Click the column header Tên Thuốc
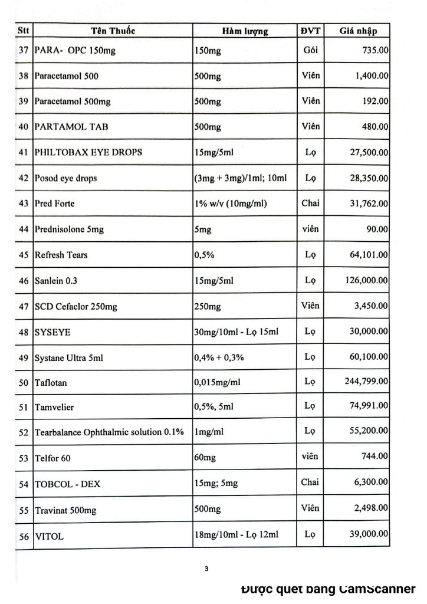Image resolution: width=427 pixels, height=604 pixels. click(x=113, y=31)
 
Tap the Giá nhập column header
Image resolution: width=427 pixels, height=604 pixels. click(x=357, y=31)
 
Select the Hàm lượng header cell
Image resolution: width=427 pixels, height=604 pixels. click(x=245, y=31)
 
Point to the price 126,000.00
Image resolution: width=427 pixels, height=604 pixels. click(x=366, y=281)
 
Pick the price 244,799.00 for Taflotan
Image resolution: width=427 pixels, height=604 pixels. click(x=366, y=382)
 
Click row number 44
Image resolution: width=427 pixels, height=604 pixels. click(x=24, y=229)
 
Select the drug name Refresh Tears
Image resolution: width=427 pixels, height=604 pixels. click(x=63, y=255)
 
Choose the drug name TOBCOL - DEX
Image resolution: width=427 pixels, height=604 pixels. click(x=68, y=484)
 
